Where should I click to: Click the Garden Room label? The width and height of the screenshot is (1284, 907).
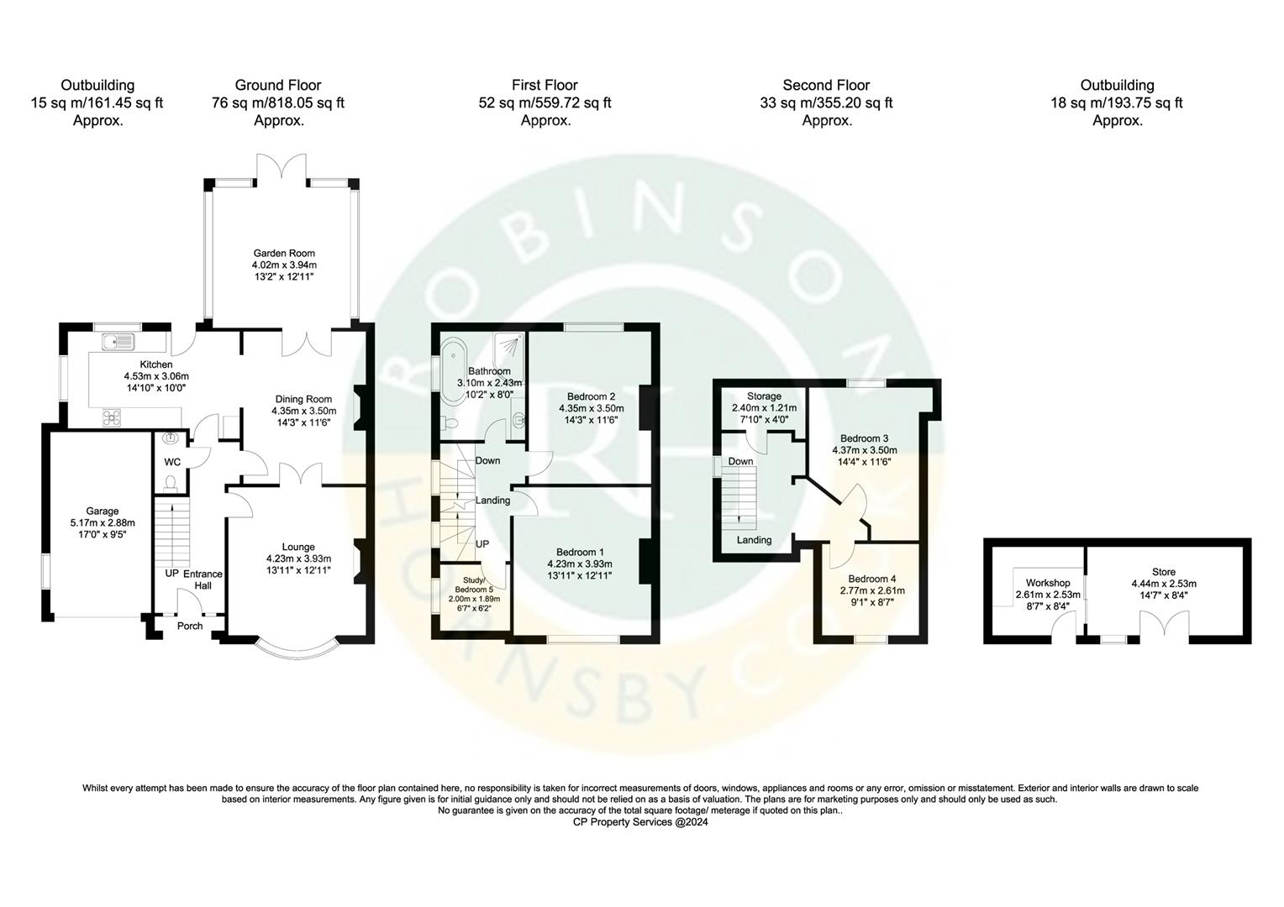(284, 253)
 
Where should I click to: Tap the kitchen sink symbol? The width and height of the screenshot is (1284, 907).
(117, 341)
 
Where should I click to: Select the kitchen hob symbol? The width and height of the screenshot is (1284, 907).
(112, 416)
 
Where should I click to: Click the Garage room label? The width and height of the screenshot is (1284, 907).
(103, 511)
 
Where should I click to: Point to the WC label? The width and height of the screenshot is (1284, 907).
(171, 462)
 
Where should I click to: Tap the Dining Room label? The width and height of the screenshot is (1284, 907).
(303, 399)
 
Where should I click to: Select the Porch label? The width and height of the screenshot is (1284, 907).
(190, 626)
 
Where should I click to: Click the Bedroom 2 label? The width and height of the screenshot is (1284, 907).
(591, 396)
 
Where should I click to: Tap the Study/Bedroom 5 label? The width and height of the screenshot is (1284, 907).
(476, 584)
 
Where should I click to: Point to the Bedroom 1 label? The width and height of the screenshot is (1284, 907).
(579, 552)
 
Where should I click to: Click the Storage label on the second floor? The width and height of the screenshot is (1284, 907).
(763, 396)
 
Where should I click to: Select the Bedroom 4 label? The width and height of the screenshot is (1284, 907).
(871, 579)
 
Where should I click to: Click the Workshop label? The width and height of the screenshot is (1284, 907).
(1048, 583)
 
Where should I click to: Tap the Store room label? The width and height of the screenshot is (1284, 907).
(1163, 572)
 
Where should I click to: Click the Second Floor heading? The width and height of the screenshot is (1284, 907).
(826, 85)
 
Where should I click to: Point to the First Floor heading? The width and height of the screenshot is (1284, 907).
(545, 85)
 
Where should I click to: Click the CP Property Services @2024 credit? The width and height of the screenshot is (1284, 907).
(640, 823)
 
